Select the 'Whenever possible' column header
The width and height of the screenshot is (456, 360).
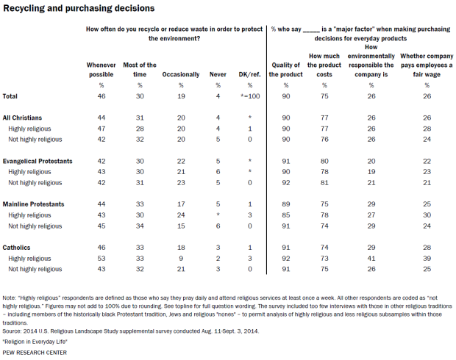tap(101, 70)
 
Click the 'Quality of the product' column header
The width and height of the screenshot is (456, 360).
tap(285, 70)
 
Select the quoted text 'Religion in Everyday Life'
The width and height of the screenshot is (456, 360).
tap(38, 342)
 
